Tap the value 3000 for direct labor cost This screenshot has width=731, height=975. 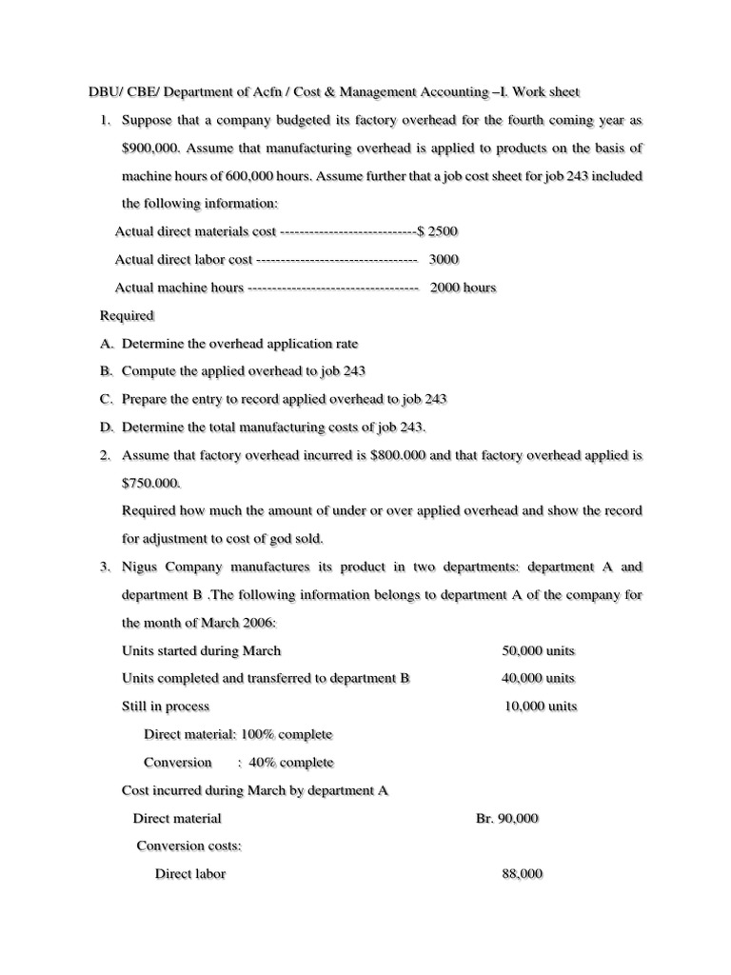[x=445, y=259]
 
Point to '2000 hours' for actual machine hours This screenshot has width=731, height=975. [x=463, y=288]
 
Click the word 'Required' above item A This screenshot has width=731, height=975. [x=127, y=315]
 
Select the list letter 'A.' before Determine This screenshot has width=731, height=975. [x=107, y=343]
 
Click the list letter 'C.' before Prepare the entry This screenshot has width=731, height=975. [x=107, y=399]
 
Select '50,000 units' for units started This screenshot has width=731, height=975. [x=538, y=650]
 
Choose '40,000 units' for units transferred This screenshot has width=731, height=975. [x=538, y=678]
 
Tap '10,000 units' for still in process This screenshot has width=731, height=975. [x=540, y=706]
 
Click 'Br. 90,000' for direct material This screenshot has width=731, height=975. [x=506, y=818]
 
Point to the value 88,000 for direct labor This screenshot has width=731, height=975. [x=522, y=874]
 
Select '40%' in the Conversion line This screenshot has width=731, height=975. [x=263, y=763]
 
